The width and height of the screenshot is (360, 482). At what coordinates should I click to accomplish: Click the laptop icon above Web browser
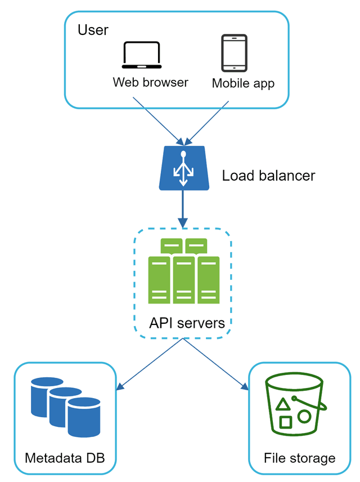click(x=141, y=55)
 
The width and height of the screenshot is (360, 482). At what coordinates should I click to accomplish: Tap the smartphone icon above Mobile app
click(x=233, y=53)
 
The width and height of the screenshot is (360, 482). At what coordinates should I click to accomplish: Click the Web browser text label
click(x=150, y=82)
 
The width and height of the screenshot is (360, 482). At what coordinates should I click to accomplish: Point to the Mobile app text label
click(x=243, y=83)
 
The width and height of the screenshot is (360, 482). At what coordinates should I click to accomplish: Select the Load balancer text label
click(x=268, y=176)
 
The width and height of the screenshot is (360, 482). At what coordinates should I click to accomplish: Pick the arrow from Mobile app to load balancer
click(x=208, y=121)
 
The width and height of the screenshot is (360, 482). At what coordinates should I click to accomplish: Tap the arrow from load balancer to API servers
click(x=182, y=208)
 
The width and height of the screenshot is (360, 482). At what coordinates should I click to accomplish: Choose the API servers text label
click(x=187, y=323)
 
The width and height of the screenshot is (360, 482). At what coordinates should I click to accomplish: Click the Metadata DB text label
click(x=65, y=458)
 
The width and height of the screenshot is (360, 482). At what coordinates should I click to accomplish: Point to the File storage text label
click(x=299, y=458)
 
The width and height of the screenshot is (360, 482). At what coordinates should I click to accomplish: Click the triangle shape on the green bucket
click(x=283, y=403)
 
